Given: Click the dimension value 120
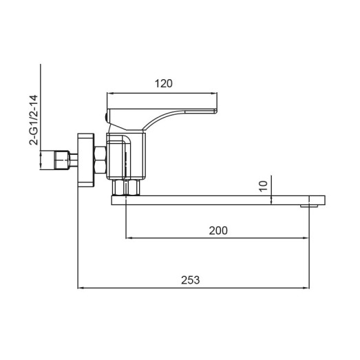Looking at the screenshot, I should click(x=163, y=84).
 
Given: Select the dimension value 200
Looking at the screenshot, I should click(x=218, y=230).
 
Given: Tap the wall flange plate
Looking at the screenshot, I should click(x=85, y=160).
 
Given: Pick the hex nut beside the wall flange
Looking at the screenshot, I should click(x=99, y=160).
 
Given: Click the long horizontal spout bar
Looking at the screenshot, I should click(x=213, y=200).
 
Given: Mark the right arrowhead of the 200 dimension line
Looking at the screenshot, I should click(x=305, y=239).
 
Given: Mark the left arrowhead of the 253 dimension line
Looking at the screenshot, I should click(x=80, y=287).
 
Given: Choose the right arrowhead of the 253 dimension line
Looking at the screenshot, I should click(x=305, y=287).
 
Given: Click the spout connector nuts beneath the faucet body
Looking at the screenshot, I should click(x=125, y=188).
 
